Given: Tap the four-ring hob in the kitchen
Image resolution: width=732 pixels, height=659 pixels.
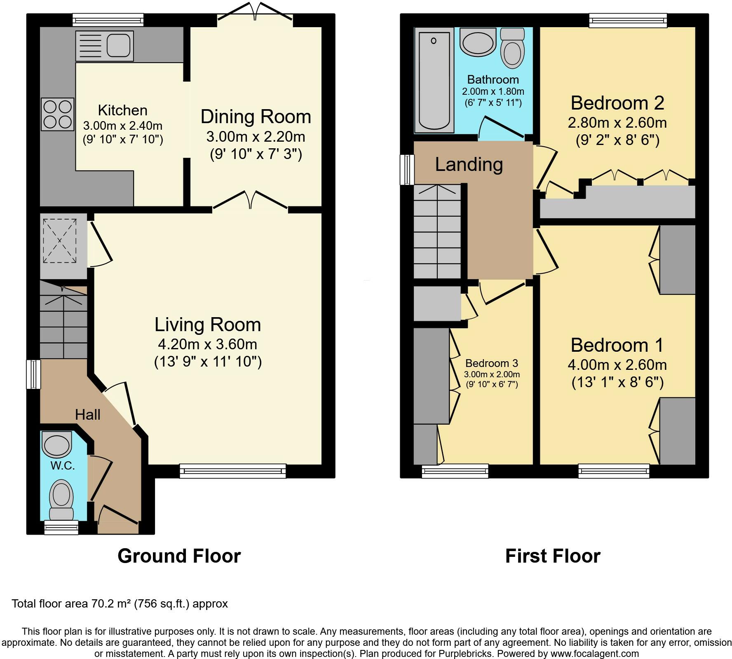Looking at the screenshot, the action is (x=58, y=114).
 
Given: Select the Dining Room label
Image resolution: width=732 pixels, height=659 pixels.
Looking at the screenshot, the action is (x=256, y=117).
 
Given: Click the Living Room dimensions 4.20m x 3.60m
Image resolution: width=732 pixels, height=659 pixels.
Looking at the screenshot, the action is (x=207, y=344).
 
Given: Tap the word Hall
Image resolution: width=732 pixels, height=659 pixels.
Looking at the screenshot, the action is (x=88, y=414).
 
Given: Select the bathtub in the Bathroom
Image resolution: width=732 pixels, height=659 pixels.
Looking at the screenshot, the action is (x=434, y=81).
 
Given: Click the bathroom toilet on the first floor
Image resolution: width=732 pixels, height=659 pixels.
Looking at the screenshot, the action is (x=512, y=48).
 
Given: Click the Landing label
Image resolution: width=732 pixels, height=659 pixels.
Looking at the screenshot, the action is (x=469, y=164).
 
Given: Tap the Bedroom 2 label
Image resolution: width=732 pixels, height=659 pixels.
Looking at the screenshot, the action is (x=617, y=103).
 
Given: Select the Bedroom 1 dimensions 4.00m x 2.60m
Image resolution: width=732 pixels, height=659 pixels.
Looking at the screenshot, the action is (x=617, y=365).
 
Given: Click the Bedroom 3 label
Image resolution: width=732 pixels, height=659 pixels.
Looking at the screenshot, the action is (x=492, y=363).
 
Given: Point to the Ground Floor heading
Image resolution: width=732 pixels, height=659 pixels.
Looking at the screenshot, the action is (x=179, y=556).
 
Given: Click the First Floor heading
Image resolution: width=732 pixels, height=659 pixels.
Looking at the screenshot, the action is (x=553, y=556).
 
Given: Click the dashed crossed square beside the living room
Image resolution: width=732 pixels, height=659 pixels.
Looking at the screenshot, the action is (x=60, y=241).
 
